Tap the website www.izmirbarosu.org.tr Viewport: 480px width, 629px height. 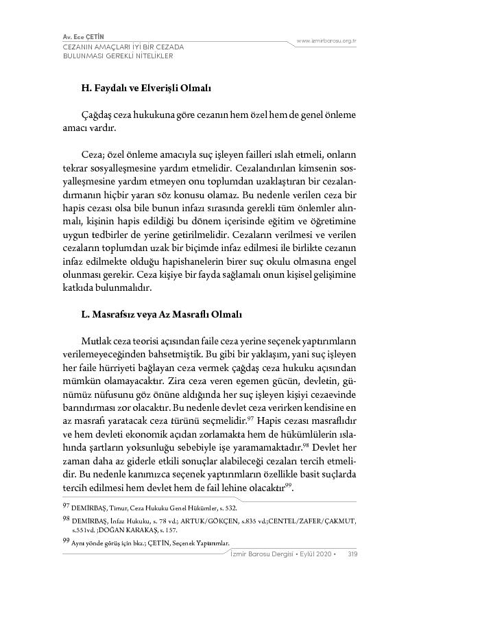(326, 41)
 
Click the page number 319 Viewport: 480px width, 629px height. (352, 554)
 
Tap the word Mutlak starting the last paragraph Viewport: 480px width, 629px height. (96, 341)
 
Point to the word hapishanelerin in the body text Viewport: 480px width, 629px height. (165, 261)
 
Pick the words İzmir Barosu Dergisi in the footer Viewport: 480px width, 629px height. (263, 554)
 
